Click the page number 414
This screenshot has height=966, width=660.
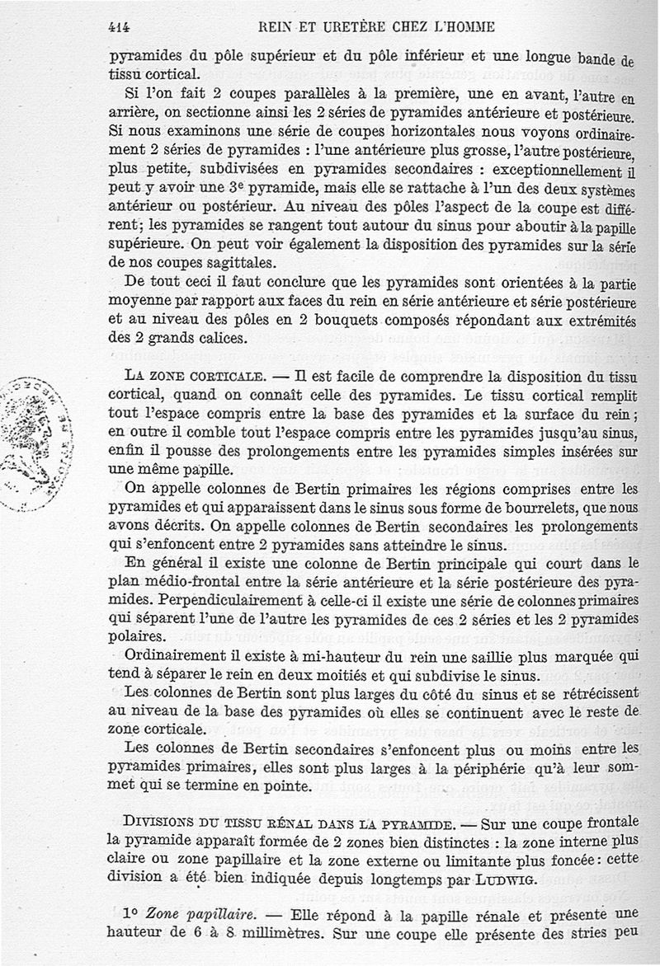pyautogui.click(x=120, y=26)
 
